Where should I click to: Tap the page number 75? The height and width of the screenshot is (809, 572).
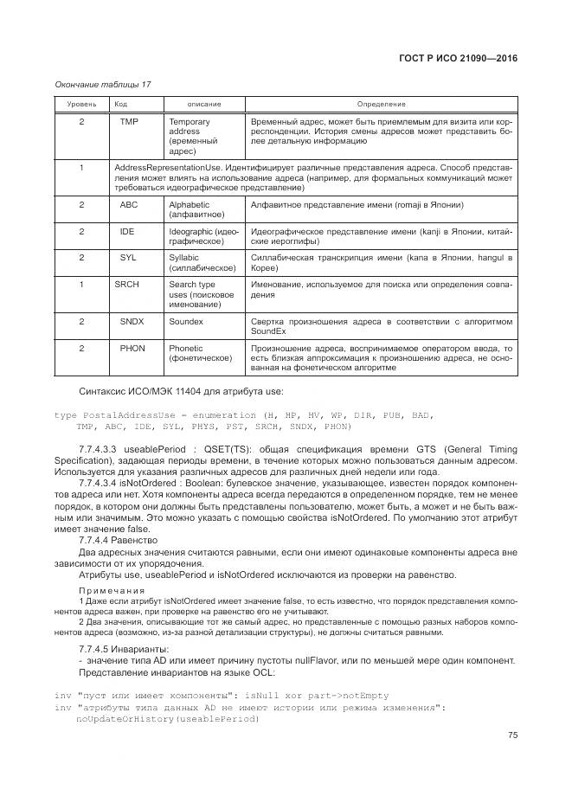511,735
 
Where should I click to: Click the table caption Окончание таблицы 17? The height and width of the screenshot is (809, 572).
102,84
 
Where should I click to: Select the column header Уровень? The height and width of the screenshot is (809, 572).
80,104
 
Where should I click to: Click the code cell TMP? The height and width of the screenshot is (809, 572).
129,122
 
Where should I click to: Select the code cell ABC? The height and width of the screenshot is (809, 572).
129,205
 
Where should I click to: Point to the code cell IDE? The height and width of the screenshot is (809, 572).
127,232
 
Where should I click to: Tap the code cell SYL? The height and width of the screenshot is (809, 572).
128,258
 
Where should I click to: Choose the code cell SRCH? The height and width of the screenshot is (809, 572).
126,284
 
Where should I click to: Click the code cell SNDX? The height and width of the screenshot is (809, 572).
132,321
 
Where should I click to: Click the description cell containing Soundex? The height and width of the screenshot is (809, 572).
186,321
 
